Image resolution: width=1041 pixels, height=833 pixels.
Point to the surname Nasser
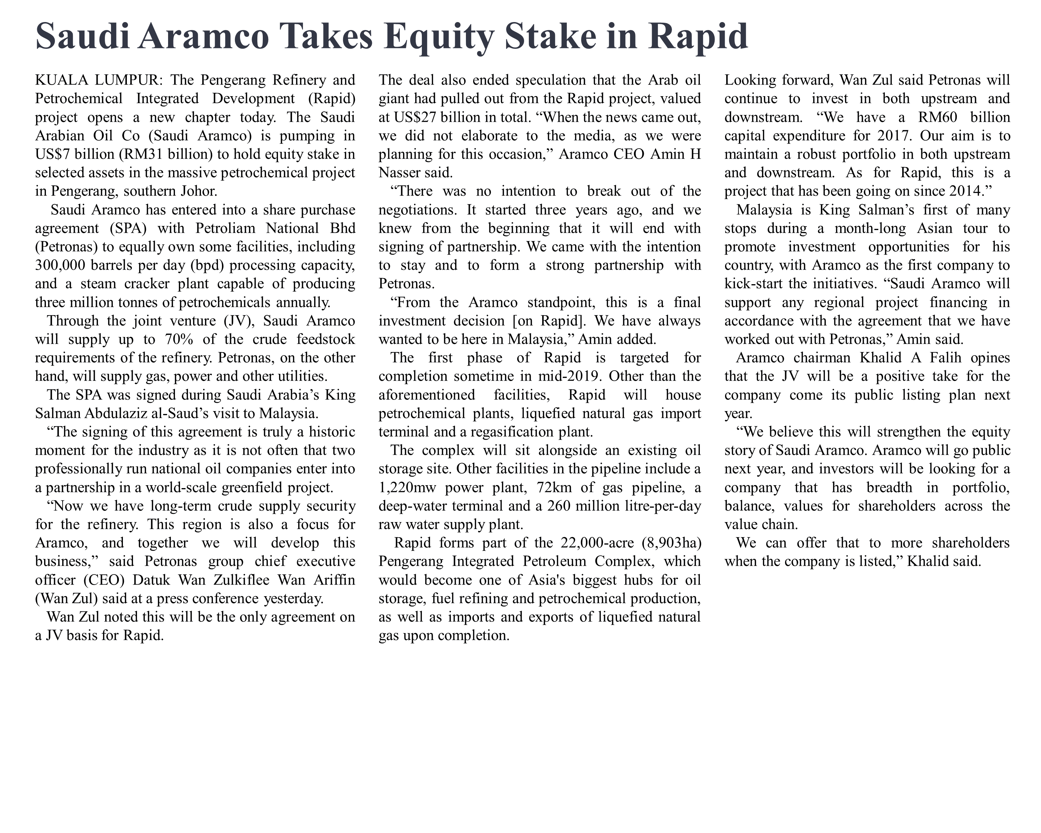(400, 172)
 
